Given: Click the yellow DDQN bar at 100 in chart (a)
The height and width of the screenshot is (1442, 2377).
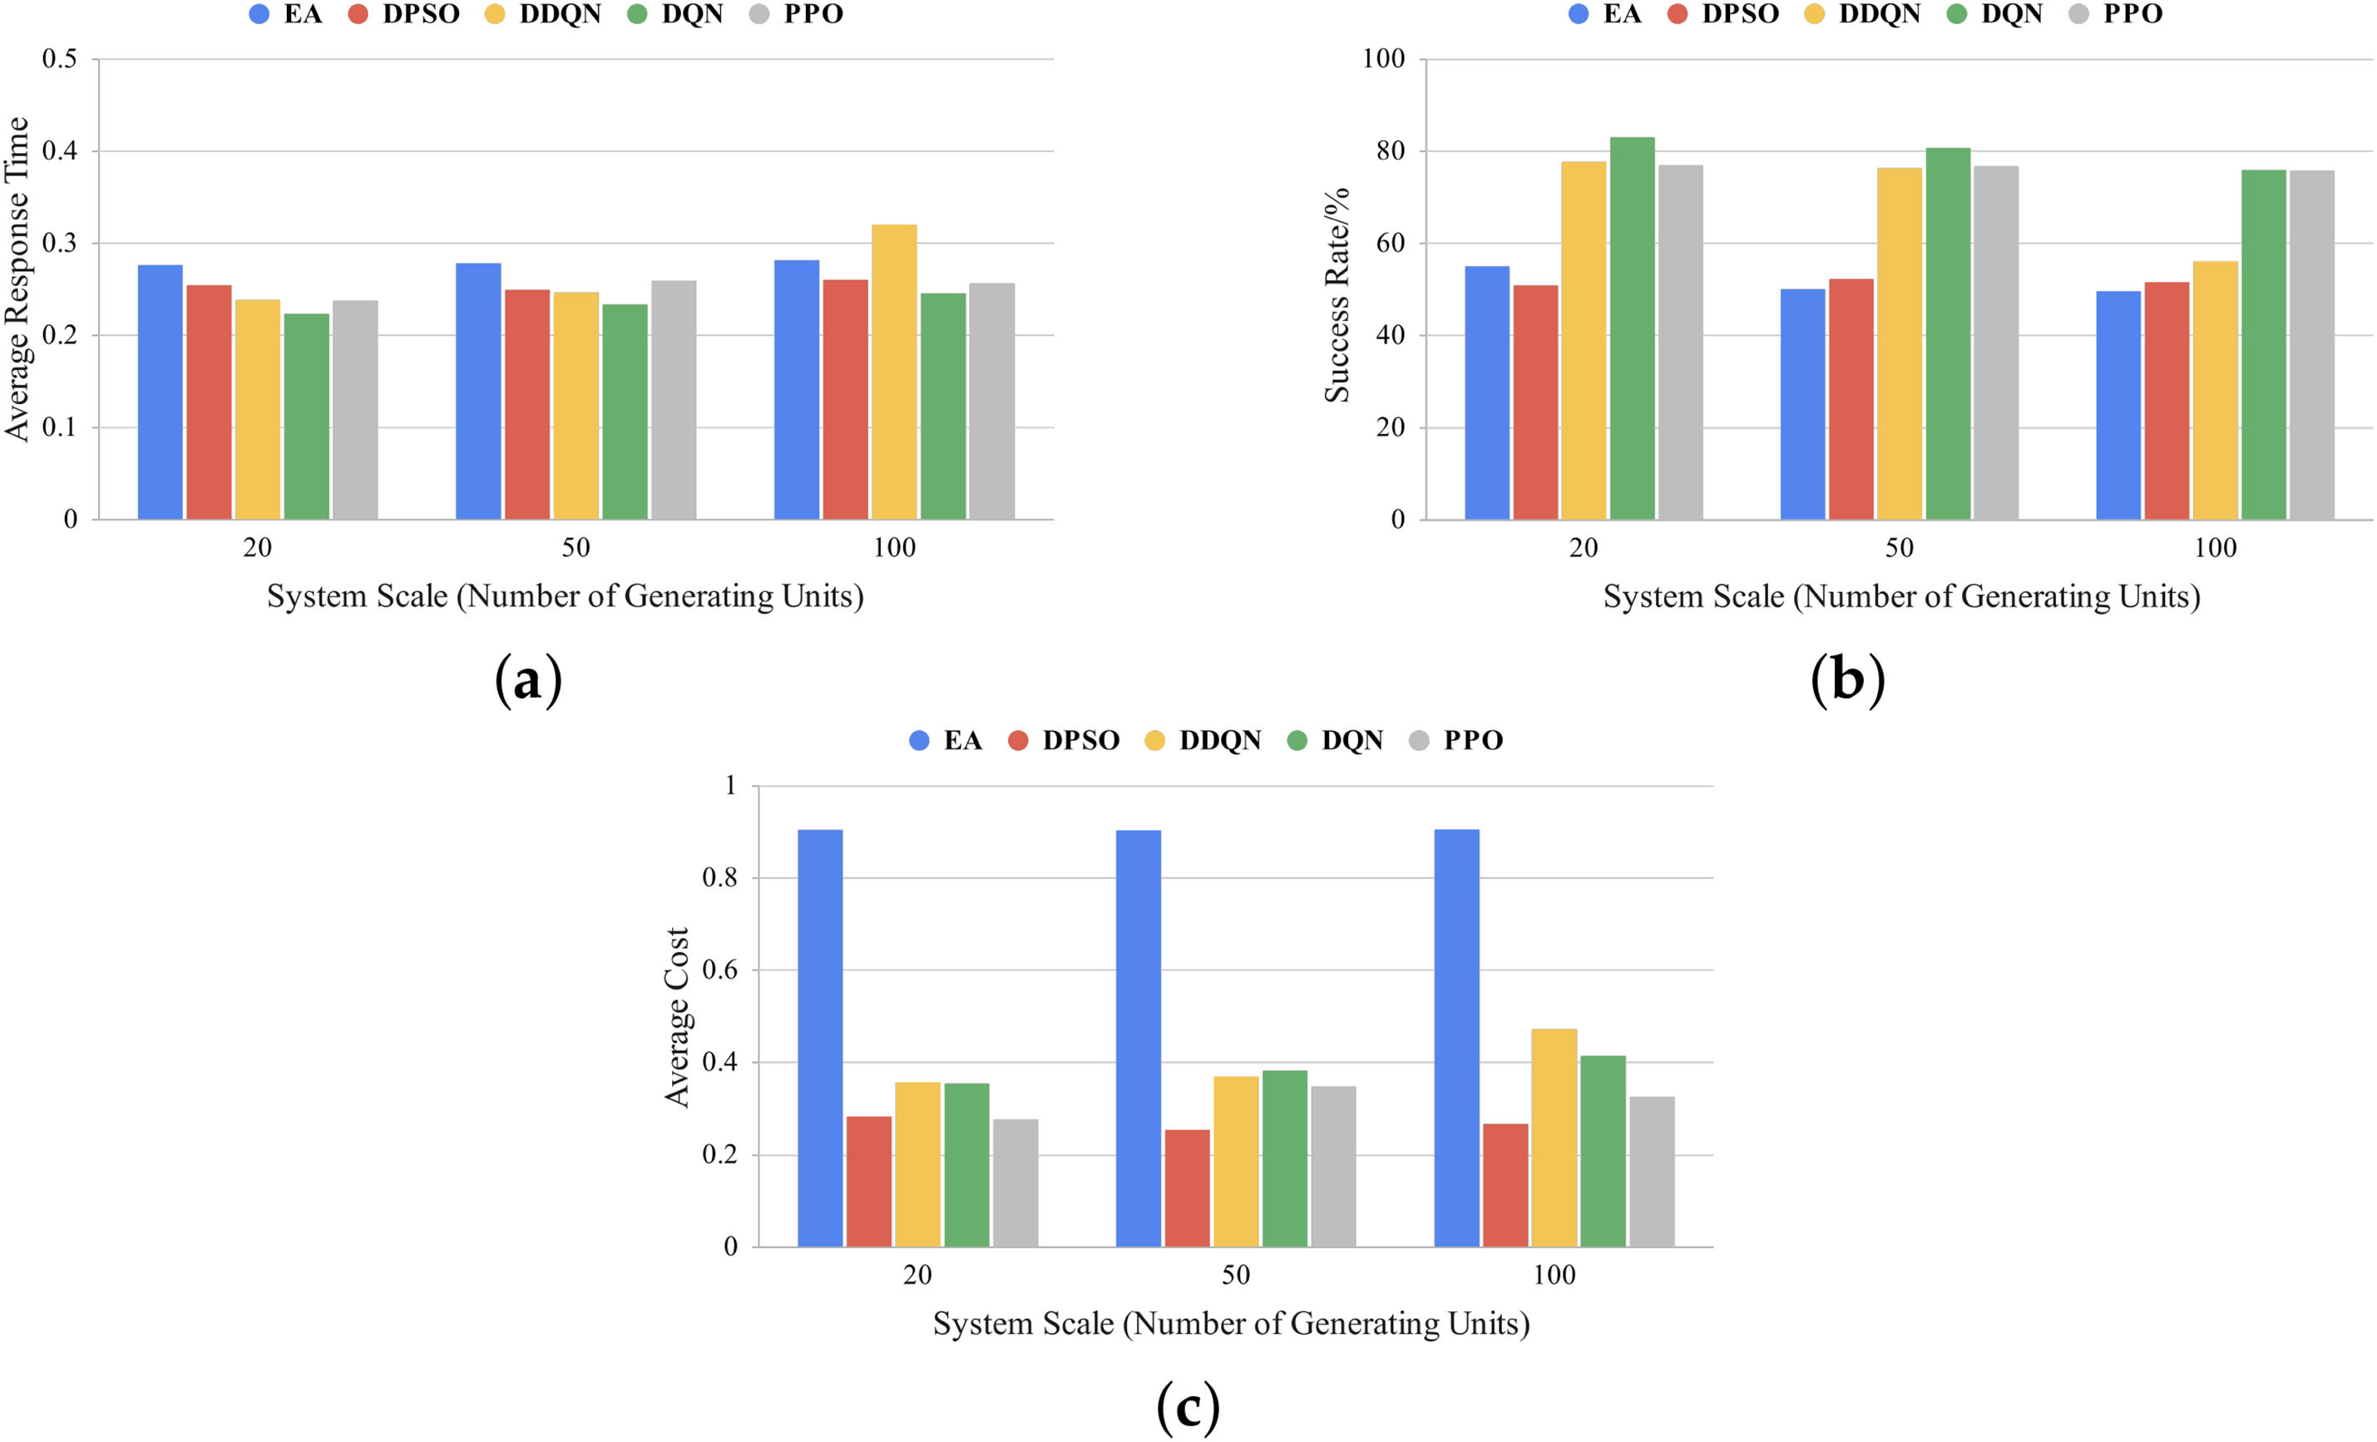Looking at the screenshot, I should tap(893, 373).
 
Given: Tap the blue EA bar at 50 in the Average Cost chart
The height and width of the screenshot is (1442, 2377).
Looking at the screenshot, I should tap(1139, 1038).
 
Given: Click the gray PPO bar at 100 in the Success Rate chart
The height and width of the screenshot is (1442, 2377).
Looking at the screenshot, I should tap(2311, 344).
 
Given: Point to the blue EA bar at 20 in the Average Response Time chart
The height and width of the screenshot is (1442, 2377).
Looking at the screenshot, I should tap(161, 392).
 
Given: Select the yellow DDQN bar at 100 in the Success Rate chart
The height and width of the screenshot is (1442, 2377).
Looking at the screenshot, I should tap(2215, 390).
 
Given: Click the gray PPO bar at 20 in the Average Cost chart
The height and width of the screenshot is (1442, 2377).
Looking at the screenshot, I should tap(1016, 1183).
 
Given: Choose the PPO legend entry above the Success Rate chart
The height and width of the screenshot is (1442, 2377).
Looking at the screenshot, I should tap(2118, 14).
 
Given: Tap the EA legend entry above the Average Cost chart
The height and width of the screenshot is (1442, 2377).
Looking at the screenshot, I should tap(946, 741).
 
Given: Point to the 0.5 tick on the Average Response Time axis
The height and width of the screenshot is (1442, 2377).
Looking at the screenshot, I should tap(60, 59).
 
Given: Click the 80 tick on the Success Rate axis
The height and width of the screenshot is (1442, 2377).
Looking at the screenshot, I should tap(1390, 151).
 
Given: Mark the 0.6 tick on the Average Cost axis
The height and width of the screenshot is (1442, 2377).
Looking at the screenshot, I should tap(719, 970).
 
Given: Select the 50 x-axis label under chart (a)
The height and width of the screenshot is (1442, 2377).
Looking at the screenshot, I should tap(576, 548).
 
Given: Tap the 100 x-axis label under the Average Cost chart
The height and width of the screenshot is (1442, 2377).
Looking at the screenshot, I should tap(1554, 1275).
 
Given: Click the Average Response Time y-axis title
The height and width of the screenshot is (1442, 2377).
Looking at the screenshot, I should tap(17, 279).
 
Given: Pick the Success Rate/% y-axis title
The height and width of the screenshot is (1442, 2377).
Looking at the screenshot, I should tap(1337, 295).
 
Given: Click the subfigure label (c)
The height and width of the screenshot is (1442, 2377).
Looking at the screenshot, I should tap(1188, 1408).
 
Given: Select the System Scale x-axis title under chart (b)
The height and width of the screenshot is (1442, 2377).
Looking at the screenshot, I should tap(1901, 597).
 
